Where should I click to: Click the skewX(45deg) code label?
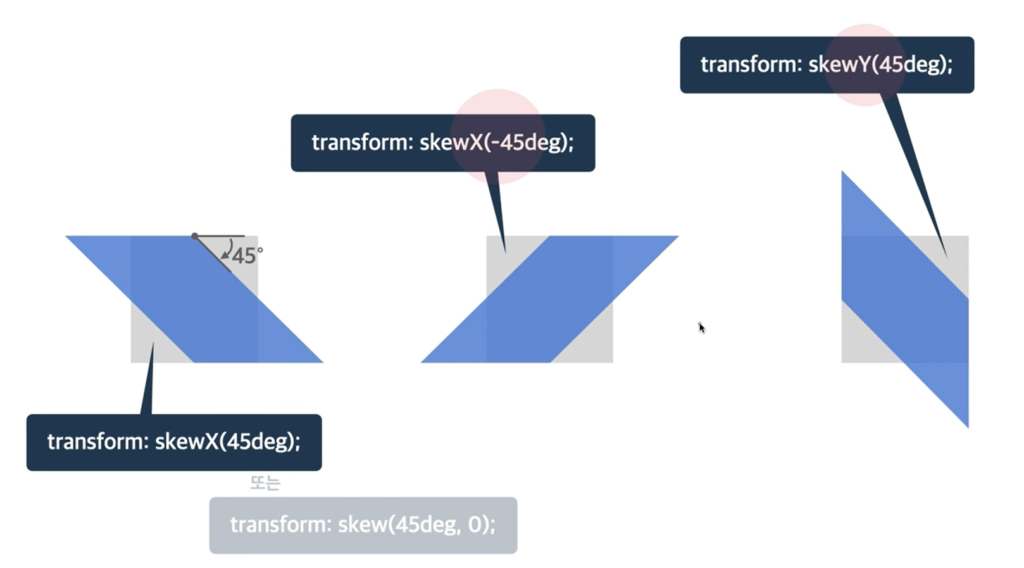[173, 442]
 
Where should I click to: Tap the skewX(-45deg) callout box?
[442, 143]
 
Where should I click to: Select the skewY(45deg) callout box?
[827, 65]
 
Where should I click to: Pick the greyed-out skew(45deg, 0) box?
[363, 525]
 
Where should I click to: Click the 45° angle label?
[246, 256]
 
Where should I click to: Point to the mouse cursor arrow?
[701, 327]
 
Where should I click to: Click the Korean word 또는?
[265, 483]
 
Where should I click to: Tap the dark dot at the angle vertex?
[195, 236]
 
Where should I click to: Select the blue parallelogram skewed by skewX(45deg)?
[194, 299]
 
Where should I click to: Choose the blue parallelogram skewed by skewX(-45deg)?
[549, 299]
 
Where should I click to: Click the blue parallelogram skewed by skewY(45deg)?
[904, 299]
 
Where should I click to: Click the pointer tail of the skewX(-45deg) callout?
[497, 209]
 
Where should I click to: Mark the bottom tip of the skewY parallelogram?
[967, 425]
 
